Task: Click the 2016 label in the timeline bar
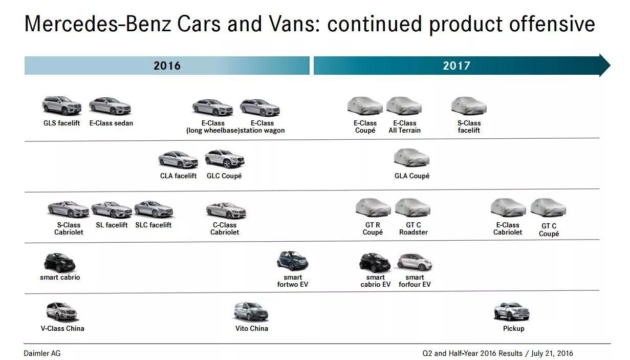tap(167, 66)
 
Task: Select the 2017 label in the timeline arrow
tap(457, 66)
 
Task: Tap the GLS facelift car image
tap(61, 106)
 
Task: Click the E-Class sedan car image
tap(110, 106)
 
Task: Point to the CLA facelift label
tap(178, 176)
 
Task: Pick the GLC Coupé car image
tap(224, 159)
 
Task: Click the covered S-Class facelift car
tap(469, 106)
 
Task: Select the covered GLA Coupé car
tap(411, 158)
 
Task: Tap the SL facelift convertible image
tap(112, 209)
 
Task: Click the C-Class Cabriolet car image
tap(226, 210)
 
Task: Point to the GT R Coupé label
tap(373, 228)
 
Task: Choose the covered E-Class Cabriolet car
tap(508, 208)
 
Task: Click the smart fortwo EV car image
tap(292, 261)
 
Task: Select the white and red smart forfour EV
tap(415, 262)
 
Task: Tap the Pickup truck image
tap(511, 312)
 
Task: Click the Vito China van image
tap(251, 311)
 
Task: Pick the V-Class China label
tap(62, 328)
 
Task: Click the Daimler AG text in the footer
tap(42, 353)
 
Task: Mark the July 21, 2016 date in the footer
tap(552, 353)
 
